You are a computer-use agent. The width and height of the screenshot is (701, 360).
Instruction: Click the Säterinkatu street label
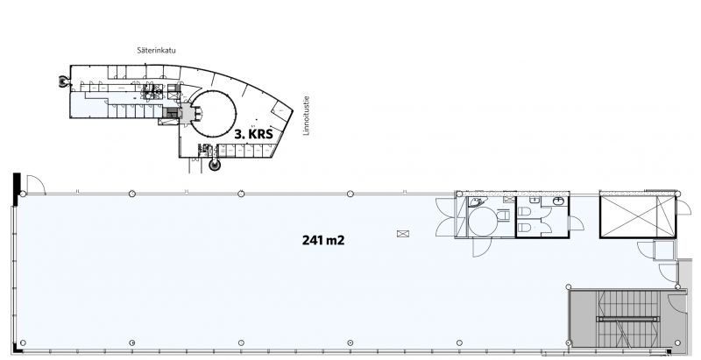click(x=157, y=51)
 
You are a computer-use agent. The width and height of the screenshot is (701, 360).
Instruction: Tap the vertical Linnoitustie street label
click(x=306, y=116)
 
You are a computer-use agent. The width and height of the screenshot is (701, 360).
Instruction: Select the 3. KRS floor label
click(x=254, y=134)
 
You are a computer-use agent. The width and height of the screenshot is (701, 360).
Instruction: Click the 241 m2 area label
click(x=323, y=240)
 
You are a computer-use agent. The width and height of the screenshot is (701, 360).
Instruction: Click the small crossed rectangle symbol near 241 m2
click(x=403, y=234)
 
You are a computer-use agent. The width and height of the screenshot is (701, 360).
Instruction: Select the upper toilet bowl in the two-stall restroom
click(x=524, y=211)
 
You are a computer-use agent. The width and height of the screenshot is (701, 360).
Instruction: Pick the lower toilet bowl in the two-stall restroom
click(x=524, y=229)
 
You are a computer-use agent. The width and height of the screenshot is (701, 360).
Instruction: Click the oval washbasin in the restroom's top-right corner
click(x=559, y=201)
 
